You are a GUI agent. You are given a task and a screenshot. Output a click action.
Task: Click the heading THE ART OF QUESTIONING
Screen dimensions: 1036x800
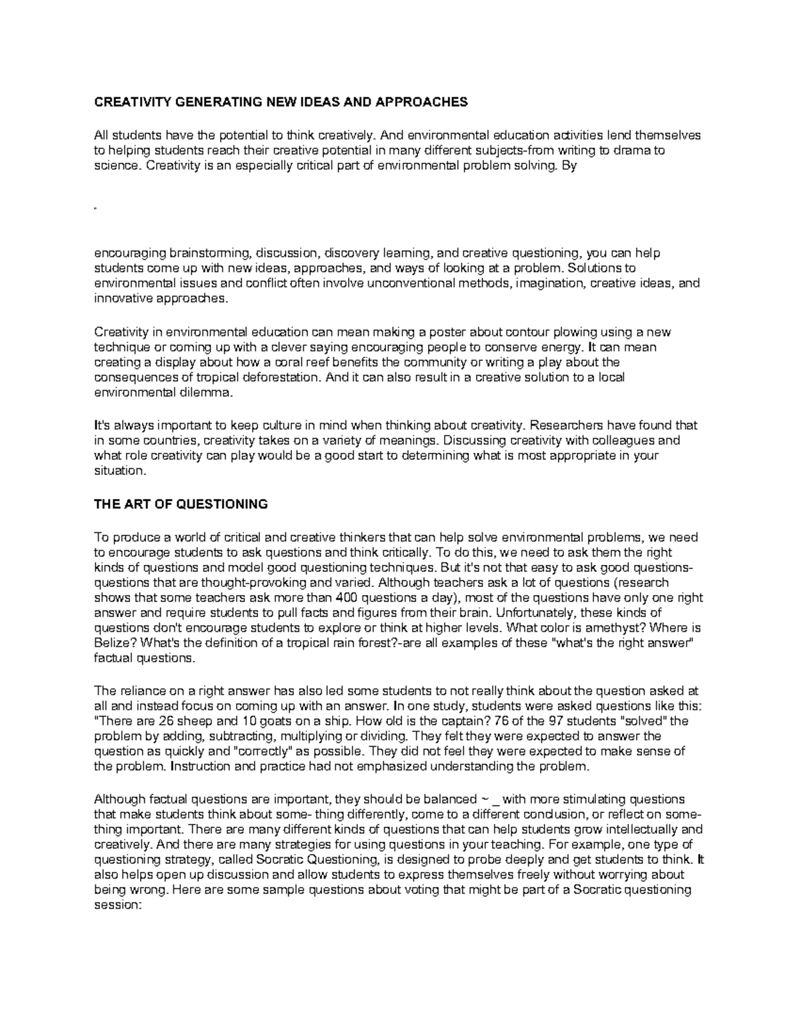pos(181,504)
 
